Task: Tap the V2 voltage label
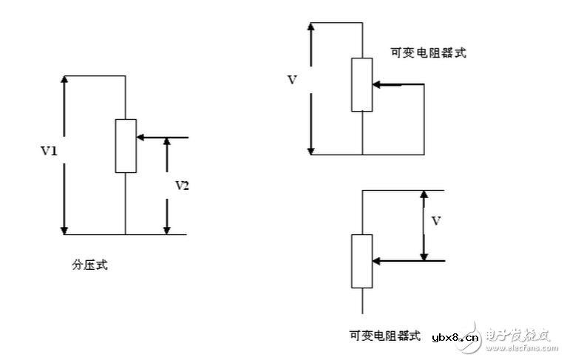coord(182,186)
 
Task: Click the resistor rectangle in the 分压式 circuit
coord(126,146)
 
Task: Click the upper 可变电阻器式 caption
coord(429,52)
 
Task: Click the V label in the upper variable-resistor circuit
coord(292,79)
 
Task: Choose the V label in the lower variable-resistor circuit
coord(436,220)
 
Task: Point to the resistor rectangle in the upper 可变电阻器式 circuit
coord(362,84)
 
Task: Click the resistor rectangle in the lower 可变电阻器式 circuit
coord(362,261)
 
